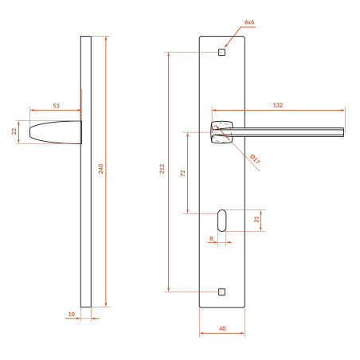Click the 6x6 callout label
click(x=249, y=22)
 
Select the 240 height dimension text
click(x=101, y=169)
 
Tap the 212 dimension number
click(x=162, y=169)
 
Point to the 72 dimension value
click(x=183, y=174)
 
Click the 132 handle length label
click(x=278, y=105)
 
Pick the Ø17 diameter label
click(x=255, y=158)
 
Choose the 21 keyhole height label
click(x=256, y=219)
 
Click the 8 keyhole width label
click(x=211, y=238)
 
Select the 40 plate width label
click(x=222, y=329)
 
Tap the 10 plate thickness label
click(x=72, y=314)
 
